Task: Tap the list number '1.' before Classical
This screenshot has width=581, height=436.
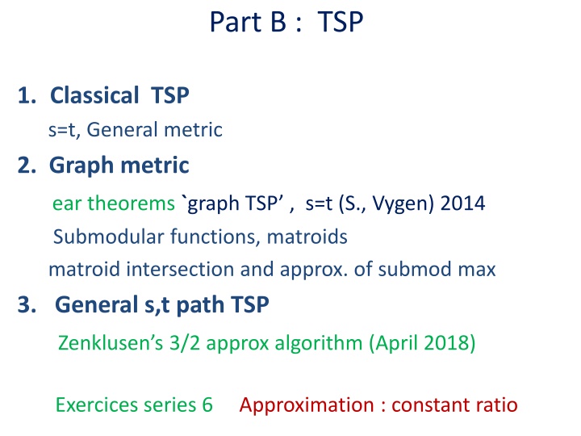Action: [27, 96]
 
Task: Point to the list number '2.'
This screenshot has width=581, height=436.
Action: [28, 166]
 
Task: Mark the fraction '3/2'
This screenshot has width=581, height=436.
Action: [173, 344]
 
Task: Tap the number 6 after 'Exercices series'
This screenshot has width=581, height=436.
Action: [207, 405]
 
